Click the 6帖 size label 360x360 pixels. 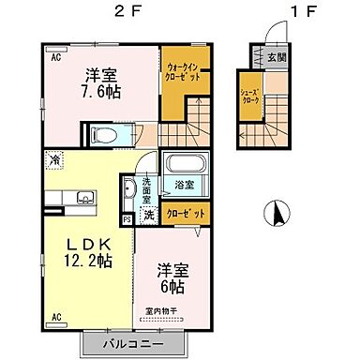click(175, 282)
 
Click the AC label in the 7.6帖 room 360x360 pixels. click(55, 56)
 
